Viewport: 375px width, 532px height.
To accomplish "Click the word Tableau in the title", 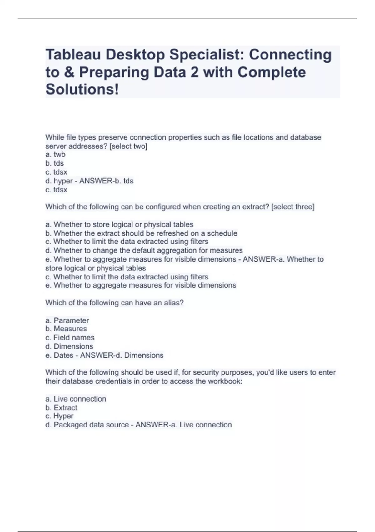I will click(73, 55).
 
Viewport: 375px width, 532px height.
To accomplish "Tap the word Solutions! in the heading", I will click(82, 89).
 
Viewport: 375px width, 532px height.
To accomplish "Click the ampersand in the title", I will click(69, 72).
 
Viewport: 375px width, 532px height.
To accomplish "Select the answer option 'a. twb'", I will click(55, 154).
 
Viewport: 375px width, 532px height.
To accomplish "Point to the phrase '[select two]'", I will click(128, 146).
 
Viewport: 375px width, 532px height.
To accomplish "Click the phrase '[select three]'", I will click(293, 207).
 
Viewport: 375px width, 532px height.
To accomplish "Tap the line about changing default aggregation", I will click(144, 250).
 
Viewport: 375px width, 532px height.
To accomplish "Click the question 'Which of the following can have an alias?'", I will click(114, 303).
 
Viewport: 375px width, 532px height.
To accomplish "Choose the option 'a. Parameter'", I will click(67, 320).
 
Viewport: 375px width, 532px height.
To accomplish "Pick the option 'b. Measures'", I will click(66, 329).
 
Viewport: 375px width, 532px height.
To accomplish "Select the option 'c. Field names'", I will click(70, 338).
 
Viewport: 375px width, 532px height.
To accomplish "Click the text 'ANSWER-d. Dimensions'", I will click(122, 355).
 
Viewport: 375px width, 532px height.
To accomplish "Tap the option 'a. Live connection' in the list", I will click(76, 399).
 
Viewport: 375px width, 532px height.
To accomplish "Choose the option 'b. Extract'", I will click(61, 408).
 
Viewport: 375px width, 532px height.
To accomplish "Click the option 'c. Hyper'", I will click(59, 416).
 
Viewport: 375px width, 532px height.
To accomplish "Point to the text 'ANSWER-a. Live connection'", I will click(183, 425).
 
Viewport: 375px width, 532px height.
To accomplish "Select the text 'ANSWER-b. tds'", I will click(106, 181).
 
